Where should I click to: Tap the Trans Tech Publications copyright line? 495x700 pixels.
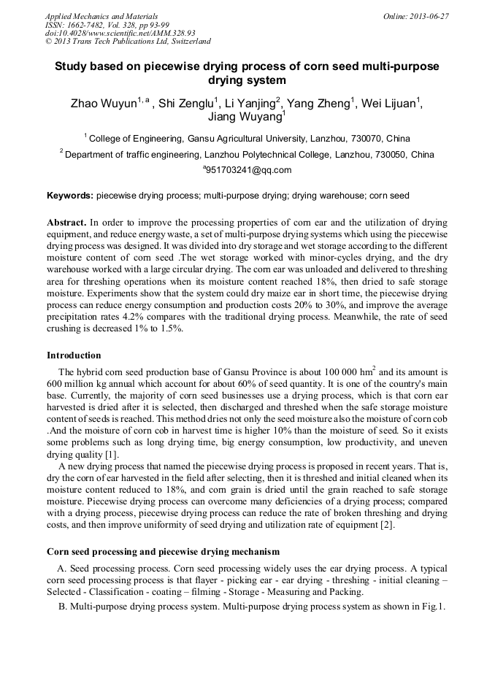pos(128,42)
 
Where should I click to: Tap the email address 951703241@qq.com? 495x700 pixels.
pos(248,170)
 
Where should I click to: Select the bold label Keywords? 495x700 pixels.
pos(70,196)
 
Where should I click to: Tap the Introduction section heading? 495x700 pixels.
pos(74,355)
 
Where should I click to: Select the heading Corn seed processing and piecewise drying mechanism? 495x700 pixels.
pos(163,551)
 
